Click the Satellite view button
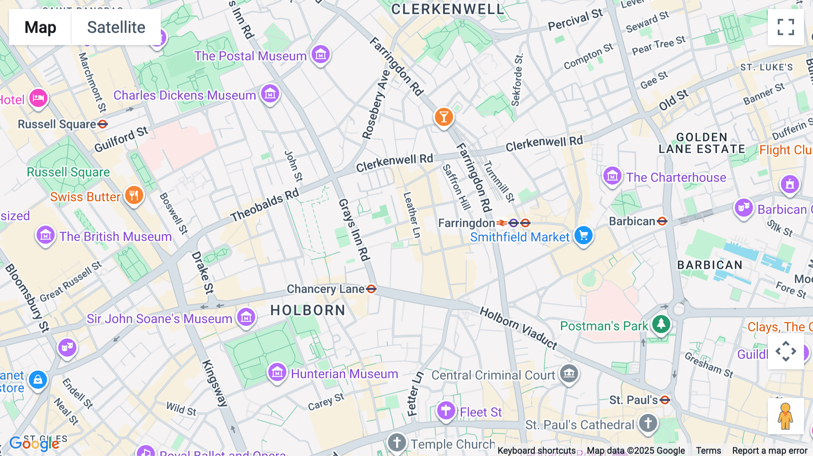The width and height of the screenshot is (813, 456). [116, 27]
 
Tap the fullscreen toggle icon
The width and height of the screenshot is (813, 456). [785, 27]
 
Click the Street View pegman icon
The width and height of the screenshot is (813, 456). [785, 416]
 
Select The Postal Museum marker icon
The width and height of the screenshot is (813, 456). [321, 55]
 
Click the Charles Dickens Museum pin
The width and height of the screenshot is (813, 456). [270, 94]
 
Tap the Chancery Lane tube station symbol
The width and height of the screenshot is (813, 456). [371, 289]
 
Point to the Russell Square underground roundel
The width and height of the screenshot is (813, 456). [103, 124]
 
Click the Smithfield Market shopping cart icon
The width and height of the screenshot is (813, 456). [584, 235]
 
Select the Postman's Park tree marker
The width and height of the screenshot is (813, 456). [661, 324]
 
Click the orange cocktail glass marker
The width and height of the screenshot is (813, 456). [444, 117]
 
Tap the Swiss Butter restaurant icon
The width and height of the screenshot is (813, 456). [134, 195]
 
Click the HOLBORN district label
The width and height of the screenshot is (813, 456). [308, 310]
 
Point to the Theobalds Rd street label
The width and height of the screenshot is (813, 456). [265, 205]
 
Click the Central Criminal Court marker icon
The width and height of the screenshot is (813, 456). [569, 373]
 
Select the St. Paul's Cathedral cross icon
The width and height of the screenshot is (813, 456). [648, 423]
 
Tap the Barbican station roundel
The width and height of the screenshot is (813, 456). [662, 221]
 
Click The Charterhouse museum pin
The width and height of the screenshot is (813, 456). [612, 176]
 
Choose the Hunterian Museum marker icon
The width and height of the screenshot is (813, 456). [277, 372]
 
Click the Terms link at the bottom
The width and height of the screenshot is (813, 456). [708, 451]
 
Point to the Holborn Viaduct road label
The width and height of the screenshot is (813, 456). [519, 328]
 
